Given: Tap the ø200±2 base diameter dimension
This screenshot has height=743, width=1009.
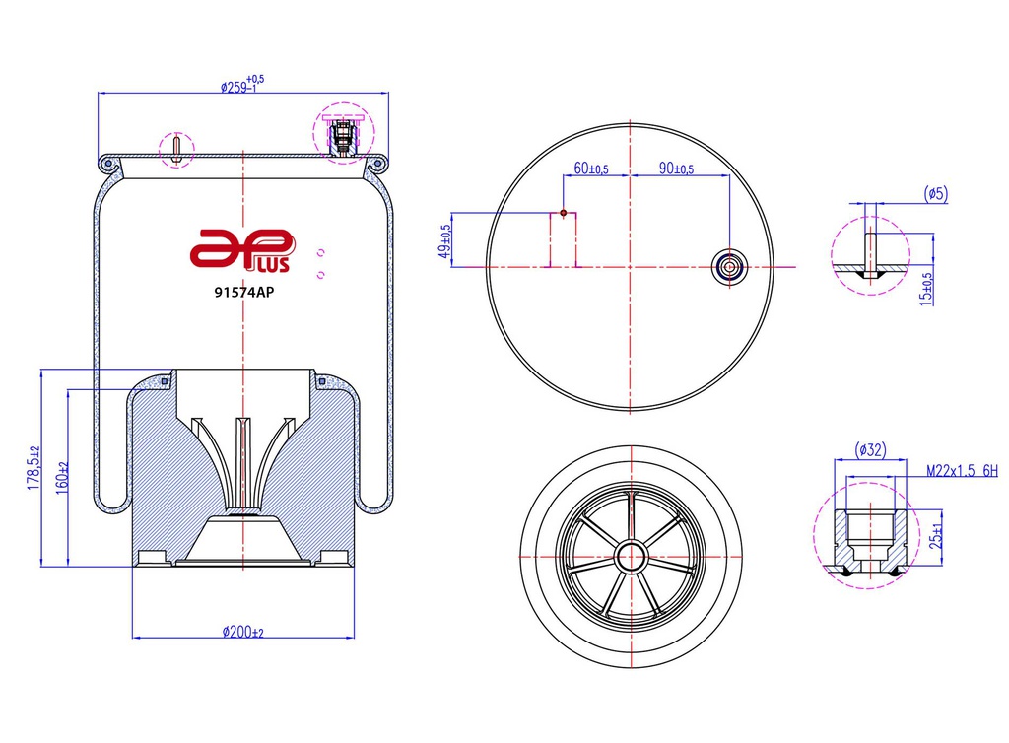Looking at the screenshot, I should point(242,632).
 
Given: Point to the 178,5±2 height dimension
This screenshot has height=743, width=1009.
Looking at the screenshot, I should point(32,466).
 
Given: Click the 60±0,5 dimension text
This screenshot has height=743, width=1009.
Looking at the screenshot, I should point(591,169).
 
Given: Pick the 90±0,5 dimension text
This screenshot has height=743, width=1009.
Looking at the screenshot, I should point(677,169).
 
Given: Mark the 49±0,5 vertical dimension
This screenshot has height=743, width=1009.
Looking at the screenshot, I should point(444,240).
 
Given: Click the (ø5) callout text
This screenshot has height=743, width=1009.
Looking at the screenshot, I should point(935,193).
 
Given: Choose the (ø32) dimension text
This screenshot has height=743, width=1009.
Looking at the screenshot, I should point(870,450).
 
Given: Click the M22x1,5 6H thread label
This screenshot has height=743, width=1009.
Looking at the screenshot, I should point(962,472).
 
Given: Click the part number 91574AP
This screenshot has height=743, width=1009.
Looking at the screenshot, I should point(242,292).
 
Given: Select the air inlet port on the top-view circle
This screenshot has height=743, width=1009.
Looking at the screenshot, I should point(730,266).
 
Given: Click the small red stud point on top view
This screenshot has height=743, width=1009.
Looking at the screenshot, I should point(563,212).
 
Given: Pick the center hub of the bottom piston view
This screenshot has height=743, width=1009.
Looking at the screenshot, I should point(631,556).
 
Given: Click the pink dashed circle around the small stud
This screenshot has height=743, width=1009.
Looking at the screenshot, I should point(178,149).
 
